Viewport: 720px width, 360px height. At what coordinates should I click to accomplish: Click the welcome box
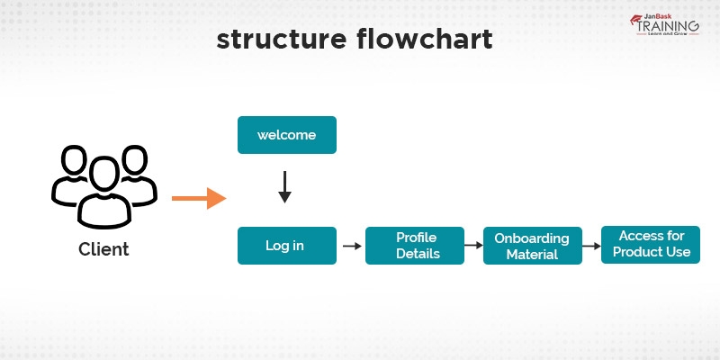click(286, 135)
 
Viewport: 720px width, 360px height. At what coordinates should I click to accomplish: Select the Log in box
click(286, 245)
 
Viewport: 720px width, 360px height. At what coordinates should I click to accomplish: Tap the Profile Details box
click(415, 245)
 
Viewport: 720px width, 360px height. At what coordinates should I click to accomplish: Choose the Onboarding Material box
click(532, 245)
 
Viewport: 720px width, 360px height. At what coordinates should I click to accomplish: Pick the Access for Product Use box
click(651, 244)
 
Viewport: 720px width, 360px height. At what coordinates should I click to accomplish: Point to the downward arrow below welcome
click(285, 186)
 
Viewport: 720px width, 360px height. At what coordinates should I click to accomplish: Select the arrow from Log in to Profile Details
click(351, 245)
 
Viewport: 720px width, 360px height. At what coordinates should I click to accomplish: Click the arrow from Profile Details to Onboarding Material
click(473, 245)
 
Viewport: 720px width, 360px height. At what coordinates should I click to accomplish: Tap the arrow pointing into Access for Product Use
click(590, 245)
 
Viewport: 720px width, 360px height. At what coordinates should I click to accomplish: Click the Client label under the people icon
click(103, 249)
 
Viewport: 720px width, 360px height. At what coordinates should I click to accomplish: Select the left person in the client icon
click(73, 175)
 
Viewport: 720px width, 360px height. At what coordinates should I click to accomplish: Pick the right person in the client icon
click(135, 175)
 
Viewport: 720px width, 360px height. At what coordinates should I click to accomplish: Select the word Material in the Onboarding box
click(532, 254)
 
